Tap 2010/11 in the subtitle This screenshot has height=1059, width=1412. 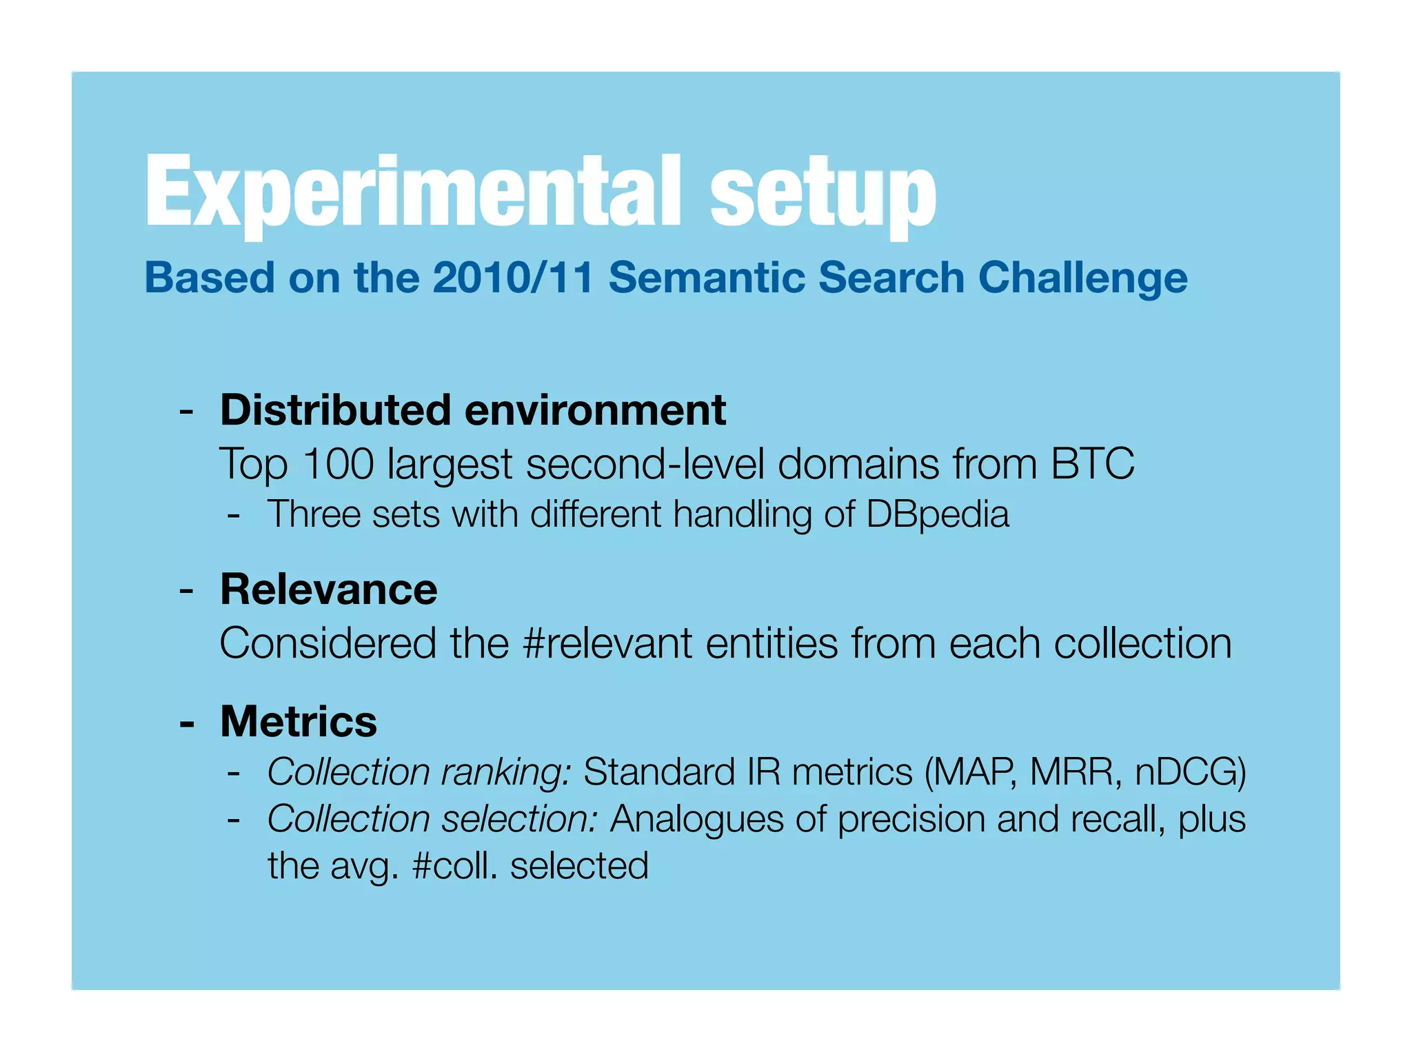[513, 278]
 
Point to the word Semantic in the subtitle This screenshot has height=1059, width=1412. [707, 278]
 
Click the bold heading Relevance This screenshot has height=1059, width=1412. [328, 589]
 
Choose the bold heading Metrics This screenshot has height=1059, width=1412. [299, 721]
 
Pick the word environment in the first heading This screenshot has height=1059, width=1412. [595, 410]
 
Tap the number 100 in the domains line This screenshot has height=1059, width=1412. [338, 463]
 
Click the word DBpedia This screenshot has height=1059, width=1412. [937, 514]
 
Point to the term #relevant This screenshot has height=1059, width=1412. [607, 643]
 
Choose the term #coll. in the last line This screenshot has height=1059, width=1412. [454, 866]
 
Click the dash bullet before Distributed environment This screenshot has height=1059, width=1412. [185, 412]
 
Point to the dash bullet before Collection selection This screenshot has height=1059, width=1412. [234, 820]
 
